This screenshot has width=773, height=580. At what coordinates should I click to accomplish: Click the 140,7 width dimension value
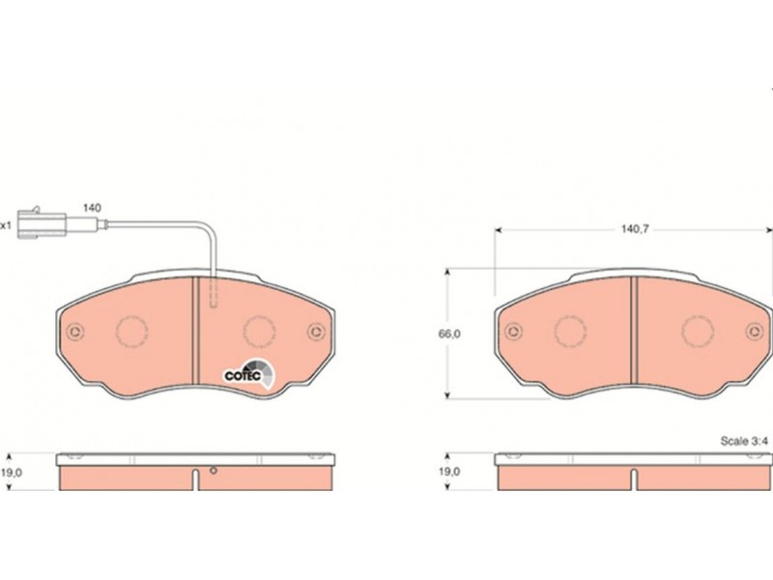click(x=635, y=229)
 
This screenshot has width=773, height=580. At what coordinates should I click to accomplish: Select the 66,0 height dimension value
click(x=449, y=333)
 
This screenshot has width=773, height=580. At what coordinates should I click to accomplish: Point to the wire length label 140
click(x=92, y=208)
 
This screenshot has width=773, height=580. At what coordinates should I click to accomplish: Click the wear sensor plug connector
click(x=42, y=224)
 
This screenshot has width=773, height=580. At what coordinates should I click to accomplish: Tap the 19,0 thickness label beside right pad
click(x=449, y=472)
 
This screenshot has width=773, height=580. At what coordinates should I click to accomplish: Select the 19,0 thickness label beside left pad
click(x=12, y=472)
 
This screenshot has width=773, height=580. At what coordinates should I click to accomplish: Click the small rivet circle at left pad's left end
click(x=75, y=332)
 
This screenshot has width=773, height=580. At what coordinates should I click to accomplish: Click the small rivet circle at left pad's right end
click(x=316, y=331)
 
